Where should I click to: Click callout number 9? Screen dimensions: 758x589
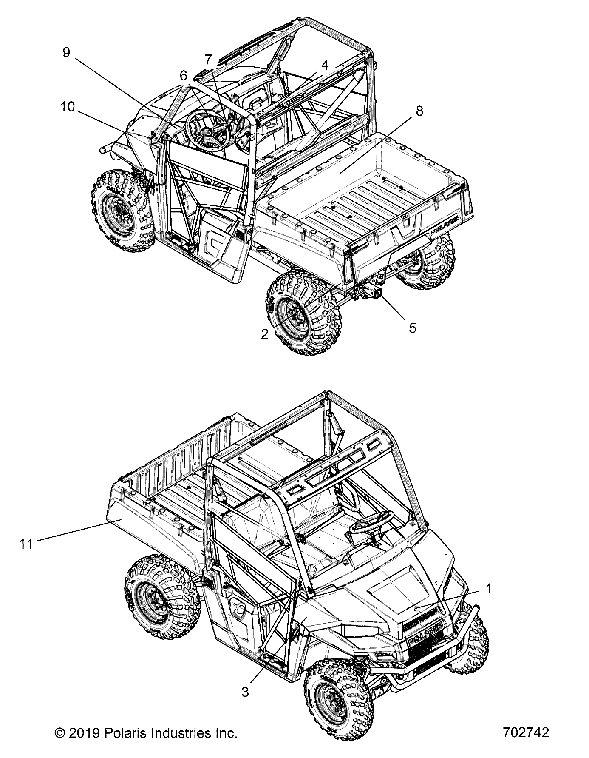[66, 52]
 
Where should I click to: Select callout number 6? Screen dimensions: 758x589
[183, 75]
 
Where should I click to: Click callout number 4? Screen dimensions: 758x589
[325, 65]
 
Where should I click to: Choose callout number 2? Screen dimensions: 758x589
[265, 334]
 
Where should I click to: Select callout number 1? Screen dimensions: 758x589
[489, 589]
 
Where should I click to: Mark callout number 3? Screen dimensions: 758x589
[245, 692]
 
